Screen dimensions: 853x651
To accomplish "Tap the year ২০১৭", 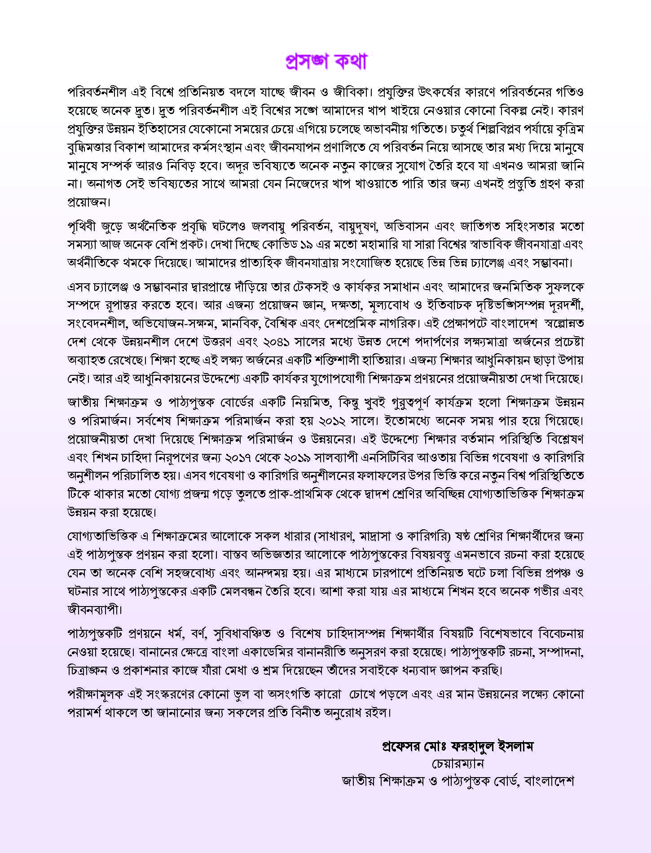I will (x=258, y=458).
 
